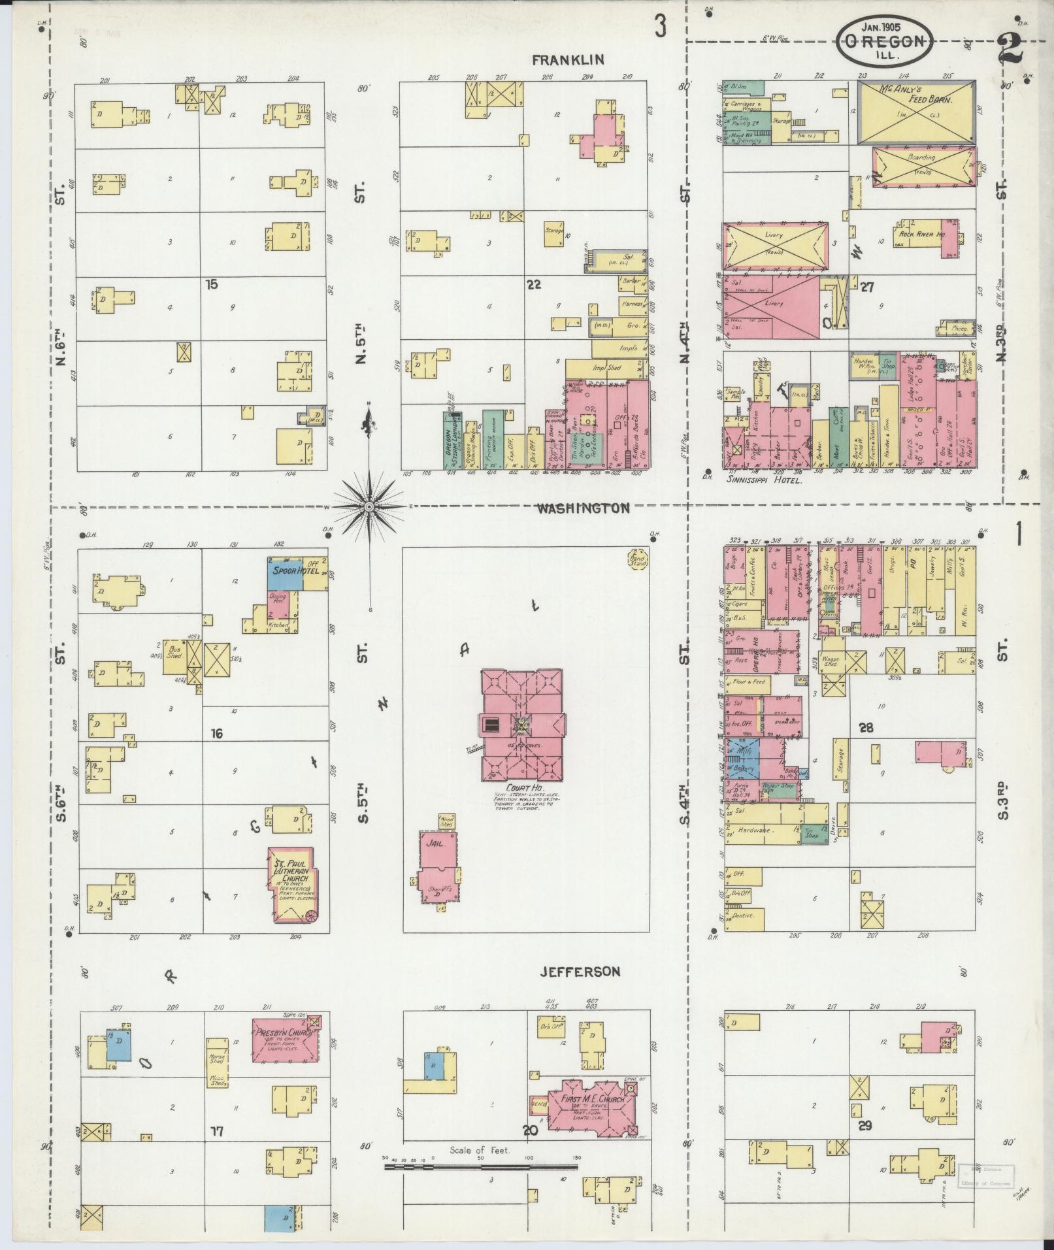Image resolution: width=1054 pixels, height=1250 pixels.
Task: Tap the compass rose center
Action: coord(369,507)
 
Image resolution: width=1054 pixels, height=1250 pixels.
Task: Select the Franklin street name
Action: coord(567,60)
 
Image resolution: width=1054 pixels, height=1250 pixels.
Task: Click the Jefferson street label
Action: coord(580,991)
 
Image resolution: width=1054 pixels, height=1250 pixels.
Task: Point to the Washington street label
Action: coord(583,508)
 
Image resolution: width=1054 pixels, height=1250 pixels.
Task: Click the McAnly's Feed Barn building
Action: coord(916,112)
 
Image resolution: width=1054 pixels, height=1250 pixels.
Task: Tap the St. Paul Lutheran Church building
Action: coord(291,884)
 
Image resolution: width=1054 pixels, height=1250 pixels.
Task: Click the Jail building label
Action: coord(435,844)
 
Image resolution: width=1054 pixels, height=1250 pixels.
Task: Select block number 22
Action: coord(534,284)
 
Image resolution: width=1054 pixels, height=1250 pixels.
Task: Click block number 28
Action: coord(866,728)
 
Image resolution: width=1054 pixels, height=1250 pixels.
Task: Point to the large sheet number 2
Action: coord(1011,49)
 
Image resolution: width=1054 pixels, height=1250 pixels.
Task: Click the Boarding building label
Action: coord(921,157)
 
